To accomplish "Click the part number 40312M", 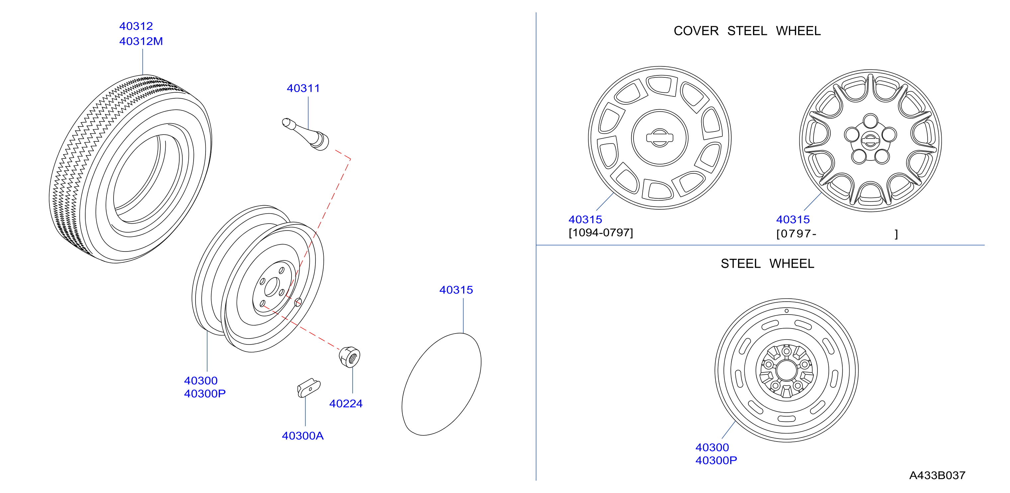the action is pyautogui.click(x=141, y=41).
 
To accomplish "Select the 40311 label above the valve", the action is pyautogui.click(x=303, y=88).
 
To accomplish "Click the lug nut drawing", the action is pyautogui.click(x=349, y=357).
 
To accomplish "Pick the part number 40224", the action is pyautogui.click(x=346, y=404).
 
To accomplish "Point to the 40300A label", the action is pyautogui.click(x=303, y=436).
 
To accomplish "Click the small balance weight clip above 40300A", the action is pyautogui.click(x=308, y=388).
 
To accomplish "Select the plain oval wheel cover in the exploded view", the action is pyautogui.click(x=442, y=384).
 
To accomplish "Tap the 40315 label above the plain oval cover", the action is pyautogui.click(x=456, y=290).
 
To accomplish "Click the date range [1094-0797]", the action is pyautogui.click(x=601, y=233).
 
